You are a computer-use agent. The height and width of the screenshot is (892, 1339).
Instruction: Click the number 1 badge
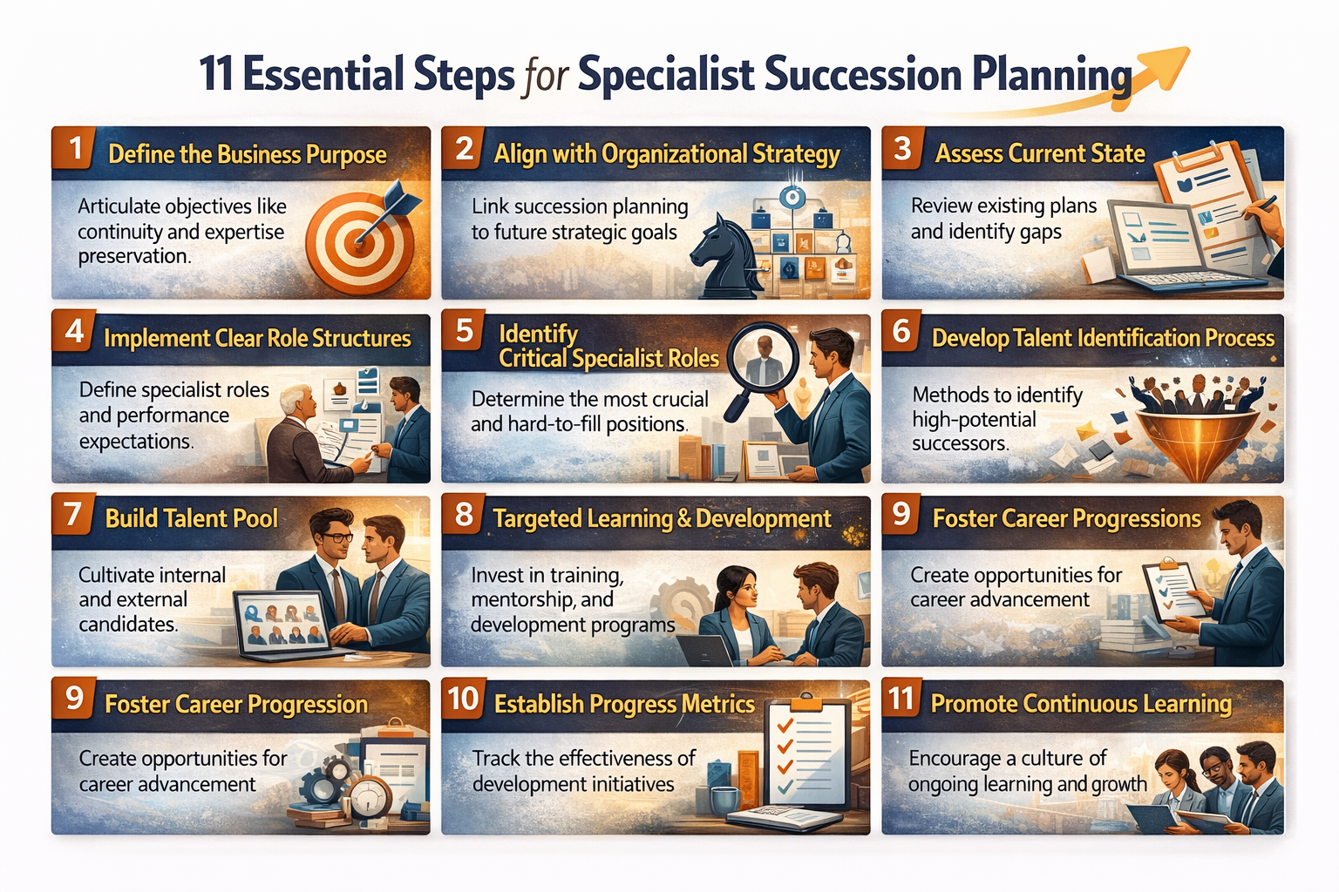click(x=76, y=149)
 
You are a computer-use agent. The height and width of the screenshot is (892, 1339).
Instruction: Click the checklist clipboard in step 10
click(x=806, y=754)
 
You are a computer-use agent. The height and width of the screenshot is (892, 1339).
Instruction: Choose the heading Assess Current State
click(x=1040, y=154)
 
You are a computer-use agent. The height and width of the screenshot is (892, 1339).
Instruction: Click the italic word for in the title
click(x=547, y=77)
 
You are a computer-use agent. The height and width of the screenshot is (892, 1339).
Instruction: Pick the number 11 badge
click(x=901, y=699)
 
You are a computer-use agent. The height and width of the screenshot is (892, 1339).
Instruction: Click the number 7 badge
click(x=73, y=514)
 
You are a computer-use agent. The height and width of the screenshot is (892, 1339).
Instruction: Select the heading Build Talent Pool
click(x=192, y=519)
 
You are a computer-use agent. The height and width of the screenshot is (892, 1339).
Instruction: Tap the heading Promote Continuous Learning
click(x=1081, y=704)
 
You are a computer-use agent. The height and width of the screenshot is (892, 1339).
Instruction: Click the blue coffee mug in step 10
click(x=724, y=799)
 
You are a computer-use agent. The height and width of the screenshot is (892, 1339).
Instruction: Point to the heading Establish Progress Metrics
click(x=624, y=704)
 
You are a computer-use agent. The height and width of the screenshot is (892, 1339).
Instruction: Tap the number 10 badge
click(x=463, y=699)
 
